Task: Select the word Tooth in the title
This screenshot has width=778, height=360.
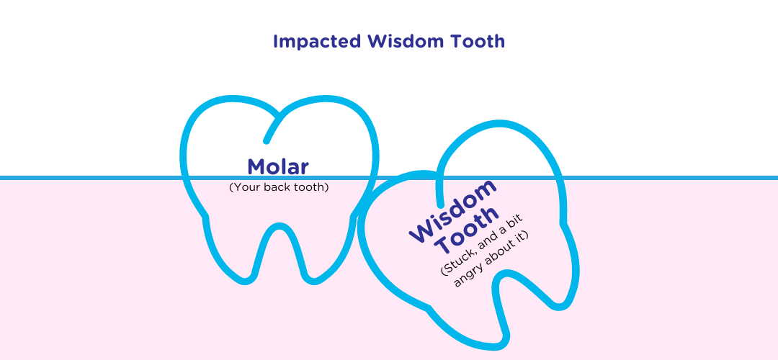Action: [478, 41]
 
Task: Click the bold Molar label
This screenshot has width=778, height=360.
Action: [278, 166]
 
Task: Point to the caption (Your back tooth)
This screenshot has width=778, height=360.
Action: [279, 187]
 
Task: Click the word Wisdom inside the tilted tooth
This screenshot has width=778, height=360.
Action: [452, 210]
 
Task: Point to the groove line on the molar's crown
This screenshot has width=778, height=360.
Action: [274, 127]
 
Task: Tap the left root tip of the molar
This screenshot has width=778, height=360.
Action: [245, 279]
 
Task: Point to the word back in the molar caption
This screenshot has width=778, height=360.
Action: [276, 187]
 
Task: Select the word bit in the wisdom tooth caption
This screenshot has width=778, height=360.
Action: [516, 221]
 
